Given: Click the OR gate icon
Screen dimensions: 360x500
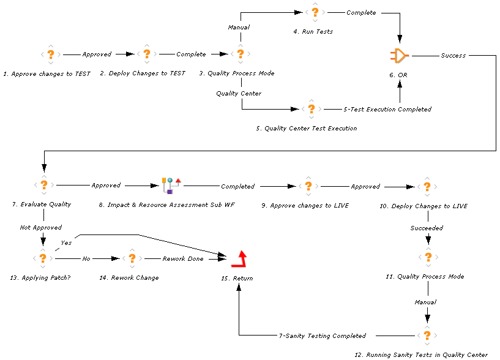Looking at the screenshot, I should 399,56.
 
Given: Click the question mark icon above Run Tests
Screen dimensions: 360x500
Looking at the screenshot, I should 315,13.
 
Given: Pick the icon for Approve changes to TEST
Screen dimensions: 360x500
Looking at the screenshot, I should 51,54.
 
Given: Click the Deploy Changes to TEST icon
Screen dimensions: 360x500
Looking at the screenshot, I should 146,54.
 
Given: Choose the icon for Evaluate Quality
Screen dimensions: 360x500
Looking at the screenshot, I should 43,185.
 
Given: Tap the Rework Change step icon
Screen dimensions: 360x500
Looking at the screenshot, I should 132,259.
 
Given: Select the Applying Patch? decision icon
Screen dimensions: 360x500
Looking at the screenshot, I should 42,258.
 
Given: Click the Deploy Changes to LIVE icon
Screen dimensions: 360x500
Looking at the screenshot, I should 427,186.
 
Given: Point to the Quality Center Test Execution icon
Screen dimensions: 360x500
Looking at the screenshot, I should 311,110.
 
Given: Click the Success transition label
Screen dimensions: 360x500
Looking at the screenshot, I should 453,56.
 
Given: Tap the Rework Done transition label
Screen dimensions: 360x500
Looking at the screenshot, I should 182,259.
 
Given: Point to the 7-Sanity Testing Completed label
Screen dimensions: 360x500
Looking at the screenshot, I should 322,336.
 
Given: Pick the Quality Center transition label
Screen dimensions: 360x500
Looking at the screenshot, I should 239,94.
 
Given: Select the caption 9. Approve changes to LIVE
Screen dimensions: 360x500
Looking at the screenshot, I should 305,206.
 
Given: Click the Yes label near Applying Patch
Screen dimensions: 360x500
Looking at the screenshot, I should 66,242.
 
